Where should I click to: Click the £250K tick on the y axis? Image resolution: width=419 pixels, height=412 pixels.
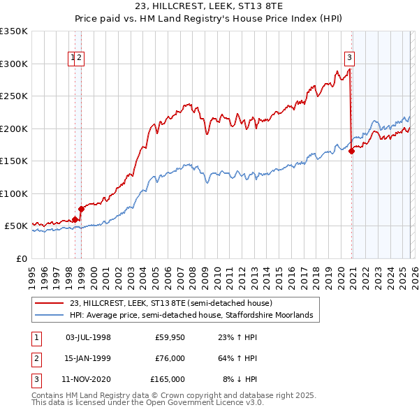point(14,96)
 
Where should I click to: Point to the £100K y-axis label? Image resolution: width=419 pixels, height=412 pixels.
point(14,193)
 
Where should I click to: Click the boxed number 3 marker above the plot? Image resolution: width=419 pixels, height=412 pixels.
point(348,59)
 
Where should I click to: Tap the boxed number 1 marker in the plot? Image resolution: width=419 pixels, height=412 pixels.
point(73,59)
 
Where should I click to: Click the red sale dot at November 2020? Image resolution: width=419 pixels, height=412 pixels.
point(351,152)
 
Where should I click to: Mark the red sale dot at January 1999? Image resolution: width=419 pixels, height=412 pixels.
point(81,209)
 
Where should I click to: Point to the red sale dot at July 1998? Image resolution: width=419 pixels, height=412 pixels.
point(75,219)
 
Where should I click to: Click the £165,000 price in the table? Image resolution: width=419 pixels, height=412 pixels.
point(168,379)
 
